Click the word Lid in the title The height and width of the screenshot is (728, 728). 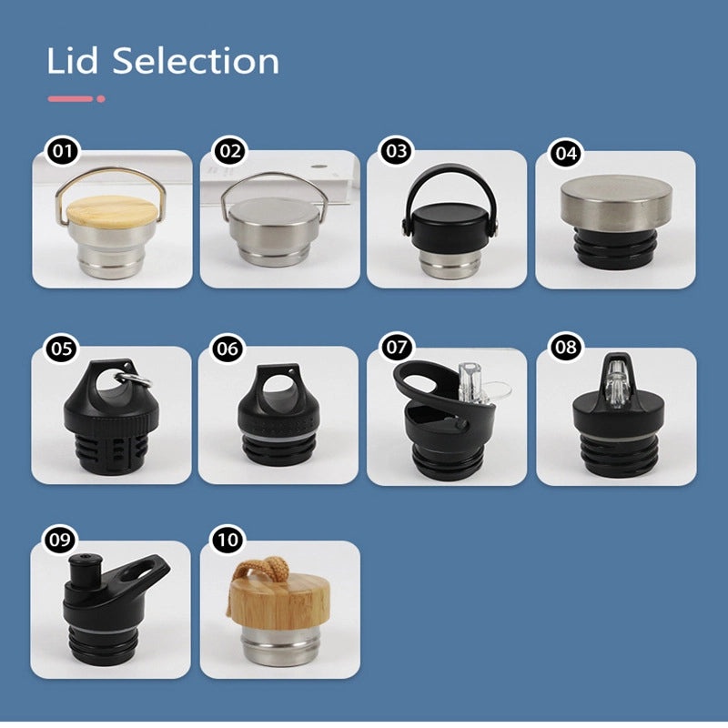(x=73, y=61)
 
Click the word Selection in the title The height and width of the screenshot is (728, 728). (x=196, y=61)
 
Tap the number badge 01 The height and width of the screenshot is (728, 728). (x=63, y=151)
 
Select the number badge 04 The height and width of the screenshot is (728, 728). (x=565, y=153)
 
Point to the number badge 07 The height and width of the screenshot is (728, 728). (x=396, y=348)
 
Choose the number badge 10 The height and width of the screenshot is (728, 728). (x=227, y=540)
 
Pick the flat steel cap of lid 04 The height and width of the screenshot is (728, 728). (x=616, y=203)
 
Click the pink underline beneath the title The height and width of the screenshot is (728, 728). (x=76, y=99)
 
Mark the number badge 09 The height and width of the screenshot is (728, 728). (x=60, y=540)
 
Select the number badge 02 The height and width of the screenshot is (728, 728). (x=230, y=151)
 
